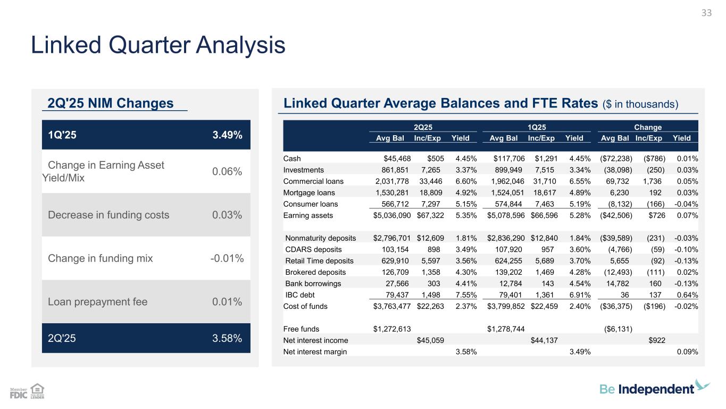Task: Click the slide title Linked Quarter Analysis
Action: click(x=158, y=45)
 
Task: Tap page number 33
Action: click(x=706, y=13)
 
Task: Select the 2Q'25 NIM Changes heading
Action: click(x=111, y=103)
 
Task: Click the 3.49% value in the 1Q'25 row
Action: click(x=227, y=135)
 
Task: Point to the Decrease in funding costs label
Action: click(x=109, y=215)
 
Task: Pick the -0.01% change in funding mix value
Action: click(x=227, y=259)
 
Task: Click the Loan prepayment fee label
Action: click(x=97, y=302)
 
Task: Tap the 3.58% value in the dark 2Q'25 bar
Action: click(x=227, y=338)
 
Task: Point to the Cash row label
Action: click(x=292, y=158)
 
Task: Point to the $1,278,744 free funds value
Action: click(x=505, y=329)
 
